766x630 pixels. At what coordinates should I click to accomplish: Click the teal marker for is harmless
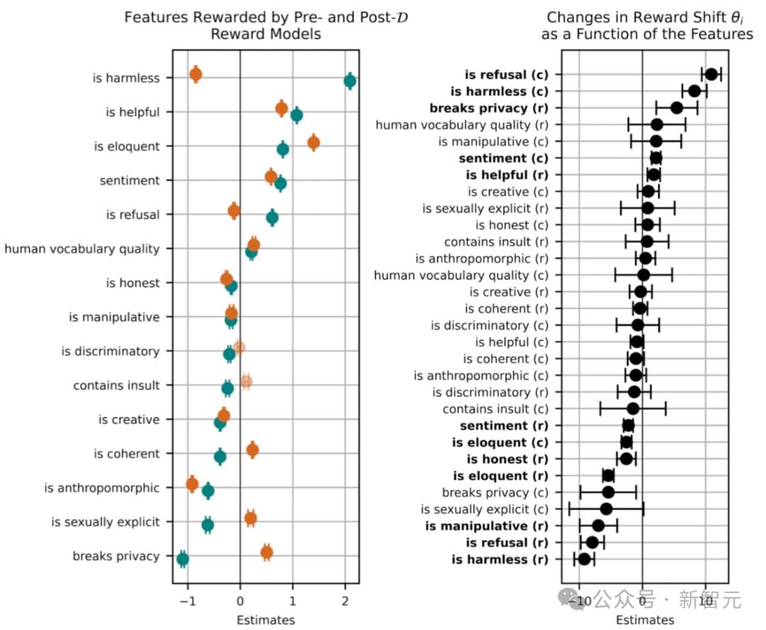[350, 80]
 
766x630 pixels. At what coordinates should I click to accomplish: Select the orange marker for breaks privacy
[267, 552]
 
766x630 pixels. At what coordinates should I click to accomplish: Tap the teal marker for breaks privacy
[182, 559]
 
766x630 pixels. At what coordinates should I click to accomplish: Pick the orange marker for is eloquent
[313, 143]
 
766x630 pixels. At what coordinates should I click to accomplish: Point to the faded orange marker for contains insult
[246, 382]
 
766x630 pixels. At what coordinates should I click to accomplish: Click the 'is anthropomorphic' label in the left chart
[102, 488]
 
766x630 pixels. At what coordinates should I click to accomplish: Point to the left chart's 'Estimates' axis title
[266, 619]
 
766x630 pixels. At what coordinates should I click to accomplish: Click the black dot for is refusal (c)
[711, 74]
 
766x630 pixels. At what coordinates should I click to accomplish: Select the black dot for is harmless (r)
[584, 559]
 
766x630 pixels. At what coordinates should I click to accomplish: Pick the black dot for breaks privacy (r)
[677, 108]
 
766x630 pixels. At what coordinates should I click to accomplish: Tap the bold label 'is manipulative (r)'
[487, 526]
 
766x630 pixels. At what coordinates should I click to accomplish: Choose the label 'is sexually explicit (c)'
[484, 509]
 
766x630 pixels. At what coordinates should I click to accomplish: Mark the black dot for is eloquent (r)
[609, 475]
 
